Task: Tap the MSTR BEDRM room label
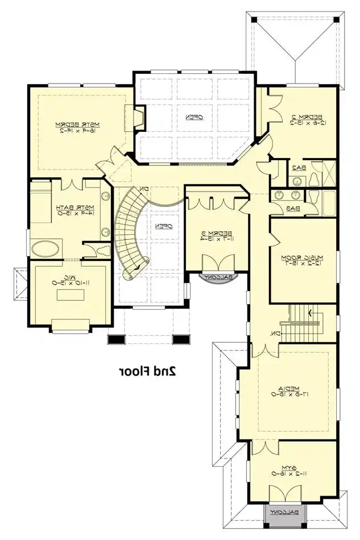(77, 127)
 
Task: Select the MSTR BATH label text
(66, 210)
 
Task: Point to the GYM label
(290, 470)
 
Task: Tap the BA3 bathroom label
(293, 209)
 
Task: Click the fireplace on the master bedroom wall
(138, 118)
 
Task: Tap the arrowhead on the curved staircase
(137, 267)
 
